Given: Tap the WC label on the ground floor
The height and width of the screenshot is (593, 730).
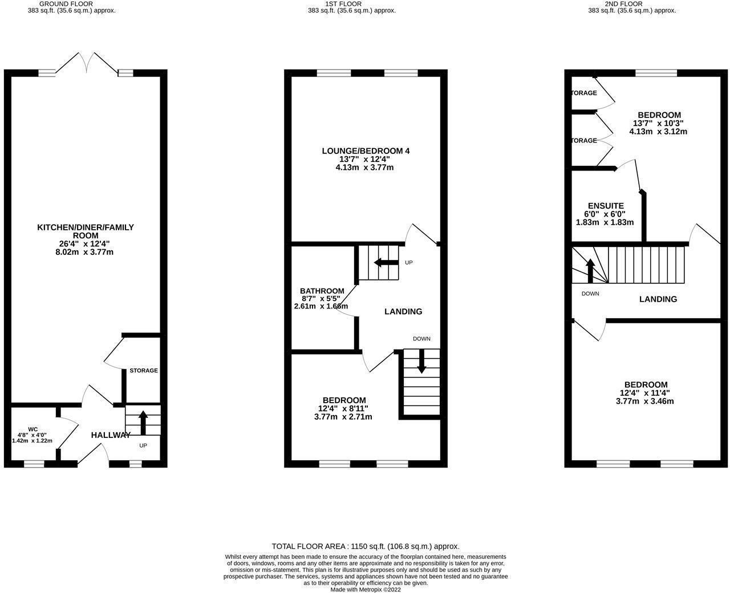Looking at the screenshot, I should pyautogui.click(x=32, y=429).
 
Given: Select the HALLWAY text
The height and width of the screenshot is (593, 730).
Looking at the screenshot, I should pyautogui.click(x=111, y=435).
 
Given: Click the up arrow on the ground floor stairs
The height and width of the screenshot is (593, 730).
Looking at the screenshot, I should pyautogui.click(x=143, y=423).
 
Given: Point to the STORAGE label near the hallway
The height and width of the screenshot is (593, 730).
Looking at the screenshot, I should pyautogui.click(x=143, y=371).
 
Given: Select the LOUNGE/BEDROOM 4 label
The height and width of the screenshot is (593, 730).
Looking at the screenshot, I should pyautogui.click(x=366, y=151).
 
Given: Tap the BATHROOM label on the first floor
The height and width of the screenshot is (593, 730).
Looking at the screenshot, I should pyautogui.click(x=323, y=291).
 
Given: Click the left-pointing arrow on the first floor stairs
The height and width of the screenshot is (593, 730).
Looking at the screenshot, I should pyautogui.click(x=386, y=263).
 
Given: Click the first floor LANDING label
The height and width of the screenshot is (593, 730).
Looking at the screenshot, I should pyautogui.click(x=403, y=312).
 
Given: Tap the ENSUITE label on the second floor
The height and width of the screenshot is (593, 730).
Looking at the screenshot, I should pyautogui.click(x=606, y=206).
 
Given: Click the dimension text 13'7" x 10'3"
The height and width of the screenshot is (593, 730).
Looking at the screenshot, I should pyautogui.click(x=658, y=123).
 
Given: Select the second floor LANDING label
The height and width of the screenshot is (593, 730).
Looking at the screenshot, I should pyautogui.click(x=658, y=299).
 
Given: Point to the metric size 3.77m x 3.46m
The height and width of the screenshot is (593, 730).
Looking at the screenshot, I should pyautogui.click(x=644, y=401).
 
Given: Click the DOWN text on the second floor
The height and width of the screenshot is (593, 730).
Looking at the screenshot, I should pyautogui.click(x=590, y=294).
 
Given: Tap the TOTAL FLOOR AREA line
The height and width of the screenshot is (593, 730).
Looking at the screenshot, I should pyautogui.click(x=366, y=546).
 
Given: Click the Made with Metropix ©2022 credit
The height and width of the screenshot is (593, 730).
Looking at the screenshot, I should pyautogui.click(x=366, y=590).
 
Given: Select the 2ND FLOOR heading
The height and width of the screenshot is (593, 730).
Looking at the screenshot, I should pyautogui.click(x=631, y=3).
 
